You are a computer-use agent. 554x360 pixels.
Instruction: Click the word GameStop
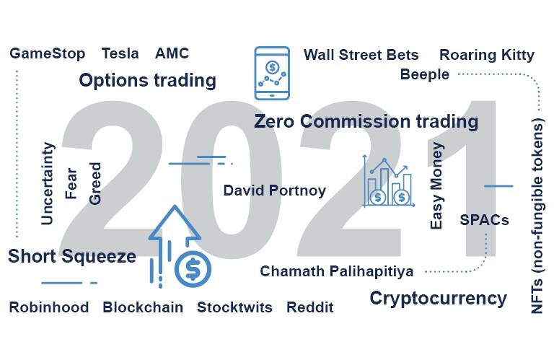pyautogui.click(x=48, y=54)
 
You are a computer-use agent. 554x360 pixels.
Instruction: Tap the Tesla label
pyautogui.click(x=120, y=53)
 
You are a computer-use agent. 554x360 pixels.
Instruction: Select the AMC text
pyautogui.click(x=172, y=53)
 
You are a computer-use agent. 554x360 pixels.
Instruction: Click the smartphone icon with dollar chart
pyautogui.click(x=272, y=73)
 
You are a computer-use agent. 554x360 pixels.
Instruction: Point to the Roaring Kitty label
pyautogui.click(x=487, y=56)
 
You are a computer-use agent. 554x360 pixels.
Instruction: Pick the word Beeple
pyautogui.click(x=425, y=74)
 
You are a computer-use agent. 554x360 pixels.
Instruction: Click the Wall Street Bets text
pyautogui.click(x=361, y=55)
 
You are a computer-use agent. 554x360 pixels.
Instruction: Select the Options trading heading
pyautogui.click(x=148, y=81)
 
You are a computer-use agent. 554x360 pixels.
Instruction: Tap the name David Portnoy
pyautogui.click(x=275, y=190)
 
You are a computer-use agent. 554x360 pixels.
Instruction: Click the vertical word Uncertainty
pyautogui.click(x=48, y=183)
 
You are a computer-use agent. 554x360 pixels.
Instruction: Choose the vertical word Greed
pyautogui.click(x=95, y=183)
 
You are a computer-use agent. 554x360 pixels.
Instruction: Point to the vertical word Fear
pyautogui.click(x=71, y=183)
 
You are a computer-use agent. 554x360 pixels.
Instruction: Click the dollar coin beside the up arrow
pyautogui.click(x=193, y=269)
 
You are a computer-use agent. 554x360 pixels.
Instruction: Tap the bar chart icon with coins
pyautogui.click(x=389, y=181)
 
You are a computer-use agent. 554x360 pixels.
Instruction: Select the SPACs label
pyautogui.click(x=485, y=220)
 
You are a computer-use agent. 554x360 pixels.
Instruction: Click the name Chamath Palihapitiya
pyautogui.click(x=337, y=272)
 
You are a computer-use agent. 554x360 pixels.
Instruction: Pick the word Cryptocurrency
pyautogui.click(x=438, y=299)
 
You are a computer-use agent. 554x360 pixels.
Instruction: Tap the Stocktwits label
pyautogui.click(x=234, y=307)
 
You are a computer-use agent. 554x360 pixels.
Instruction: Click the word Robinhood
pyautogui.click(x=49, y=307)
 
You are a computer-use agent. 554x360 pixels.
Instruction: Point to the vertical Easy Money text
pyautogui.click(x=436, y=186)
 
